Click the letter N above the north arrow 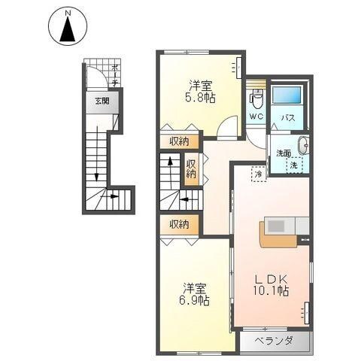click(68, 14)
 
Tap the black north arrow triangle click(68, 29)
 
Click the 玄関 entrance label click(102, 102)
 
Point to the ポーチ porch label click(115, 75)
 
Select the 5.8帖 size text click(200, 98)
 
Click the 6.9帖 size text click(194, 300)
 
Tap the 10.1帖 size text click(271, 291)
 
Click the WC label click(256, 117)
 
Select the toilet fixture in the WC click(256, 98)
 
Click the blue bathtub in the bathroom click(287, 96)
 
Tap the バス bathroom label click(287, 118)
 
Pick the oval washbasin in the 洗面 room click(303, 146)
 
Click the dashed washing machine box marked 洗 click(295, 165)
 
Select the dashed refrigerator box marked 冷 click(259, 174)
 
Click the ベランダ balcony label click(274, 341)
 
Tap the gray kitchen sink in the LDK click(276, 226)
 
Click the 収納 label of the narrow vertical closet click(191, 169)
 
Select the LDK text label click(271, 280)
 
